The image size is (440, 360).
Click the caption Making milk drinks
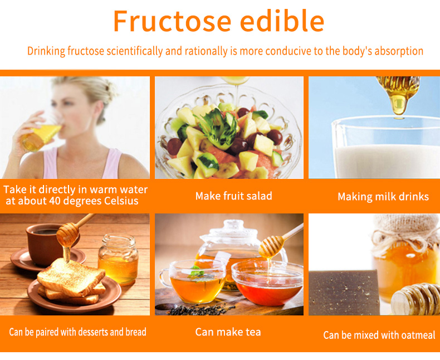(x=383, y=197)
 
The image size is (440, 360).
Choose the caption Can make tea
(x=228, y=332)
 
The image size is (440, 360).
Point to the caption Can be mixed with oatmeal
(x=379, y=335)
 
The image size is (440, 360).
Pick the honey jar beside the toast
(x=118, y=260)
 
